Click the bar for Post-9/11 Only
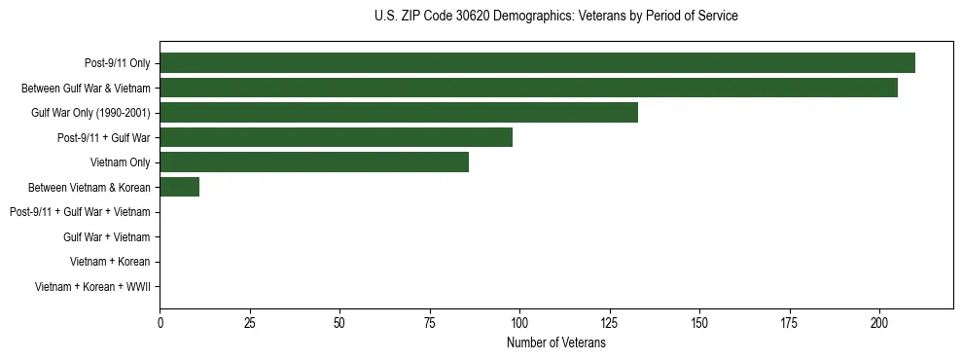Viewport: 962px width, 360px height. click(x=537, y=63)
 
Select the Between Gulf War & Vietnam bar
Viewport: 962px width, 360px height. click(x=528, y=88)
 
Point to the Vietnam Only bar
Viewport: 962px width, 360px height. click(x=314, y=162)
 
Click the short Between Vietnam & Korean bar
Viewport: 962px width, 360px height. click(x=180, y=187)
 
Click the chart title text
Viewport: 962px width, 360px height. click(x=555, y=17)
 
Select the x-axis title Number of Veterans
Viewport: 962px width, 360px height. click(x=555, y=343)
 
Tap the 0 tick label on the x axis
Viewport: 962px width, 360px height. click(x=160, y=322)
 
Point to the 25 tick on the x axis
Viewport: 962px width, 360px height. click(x=249, y=322)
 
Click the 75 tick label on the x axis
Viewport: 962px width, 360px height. click(x=429, y=322)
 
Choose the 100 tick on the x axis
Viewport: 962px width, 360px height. click(x=519, y=322)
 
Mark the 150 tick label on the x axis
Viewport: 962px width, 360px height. click(x=699, y=322)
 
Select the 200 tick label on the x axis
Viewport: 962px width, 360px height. click(x=879, y=322)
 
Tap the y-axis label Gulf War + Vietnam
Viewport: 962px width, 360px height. click(x=107, y=236)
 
